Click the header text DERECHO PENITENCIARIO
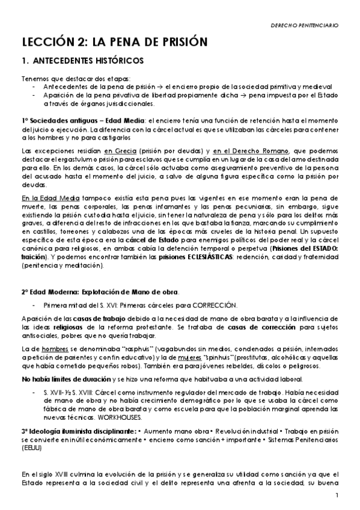point(305,26)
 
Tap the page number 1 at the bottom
point(338,495)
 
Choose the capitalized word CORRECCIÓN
point(215,305)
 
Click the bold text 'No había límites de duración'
point(67,380)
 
